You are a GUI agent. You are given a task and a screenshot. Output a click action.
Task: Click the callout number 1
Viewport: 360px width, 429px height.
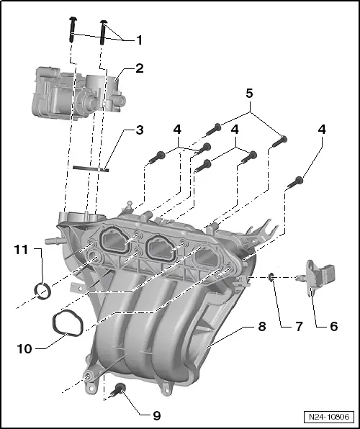point(139,40)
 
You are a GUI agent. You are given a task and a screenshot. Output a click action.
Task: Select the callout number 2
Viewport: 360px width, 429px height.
point(139,69)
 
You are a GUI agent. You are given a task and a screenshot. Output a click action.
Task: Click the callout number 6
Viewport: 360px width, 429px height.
point(333,325)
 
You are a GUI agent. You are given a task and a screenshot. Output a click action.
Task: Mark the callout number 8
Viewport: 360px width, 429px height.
point(262,326)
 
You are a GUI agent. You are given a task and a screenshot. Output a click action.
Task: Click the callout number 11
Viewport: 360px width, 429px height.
point(20,250)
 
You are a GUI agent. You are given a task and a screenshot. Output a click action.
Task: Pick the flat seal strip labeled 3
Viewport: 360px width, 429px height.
point(90,168)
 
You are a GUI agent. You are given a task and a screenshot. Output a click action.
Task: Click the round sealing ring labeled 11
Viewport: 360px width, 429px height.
point(43,292)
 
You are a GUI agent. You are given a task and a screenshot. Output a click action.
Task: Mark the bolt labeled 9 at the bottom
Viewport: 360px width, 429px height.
point(119,391)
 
